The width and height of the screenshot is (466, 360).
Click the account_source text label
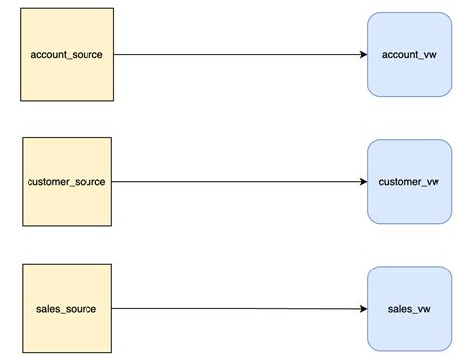[x=67, y=55]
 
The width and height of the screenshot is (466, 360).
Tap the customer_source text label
[x=67, y=182]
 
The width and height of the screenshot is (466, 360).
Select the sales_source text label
[x=67, y=309]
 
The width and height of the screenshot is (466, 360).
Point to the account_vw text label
[x=409, y=55]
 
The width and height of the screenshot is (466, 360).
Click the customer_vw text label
[x=409, y=182]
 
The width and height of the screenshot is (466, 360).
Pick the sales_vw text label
[x=409, y=309]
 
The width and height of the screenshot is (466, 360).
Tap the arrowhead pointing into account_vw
[x=362, y=55]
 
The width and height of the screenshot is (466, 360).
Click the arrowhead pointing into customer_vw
[x=362, y=182]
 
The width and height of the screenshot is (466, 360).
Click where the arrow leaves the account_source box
[x=115, y=55]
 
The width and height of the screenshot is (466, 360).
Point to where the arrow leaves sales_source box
[x=115, y=309]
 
